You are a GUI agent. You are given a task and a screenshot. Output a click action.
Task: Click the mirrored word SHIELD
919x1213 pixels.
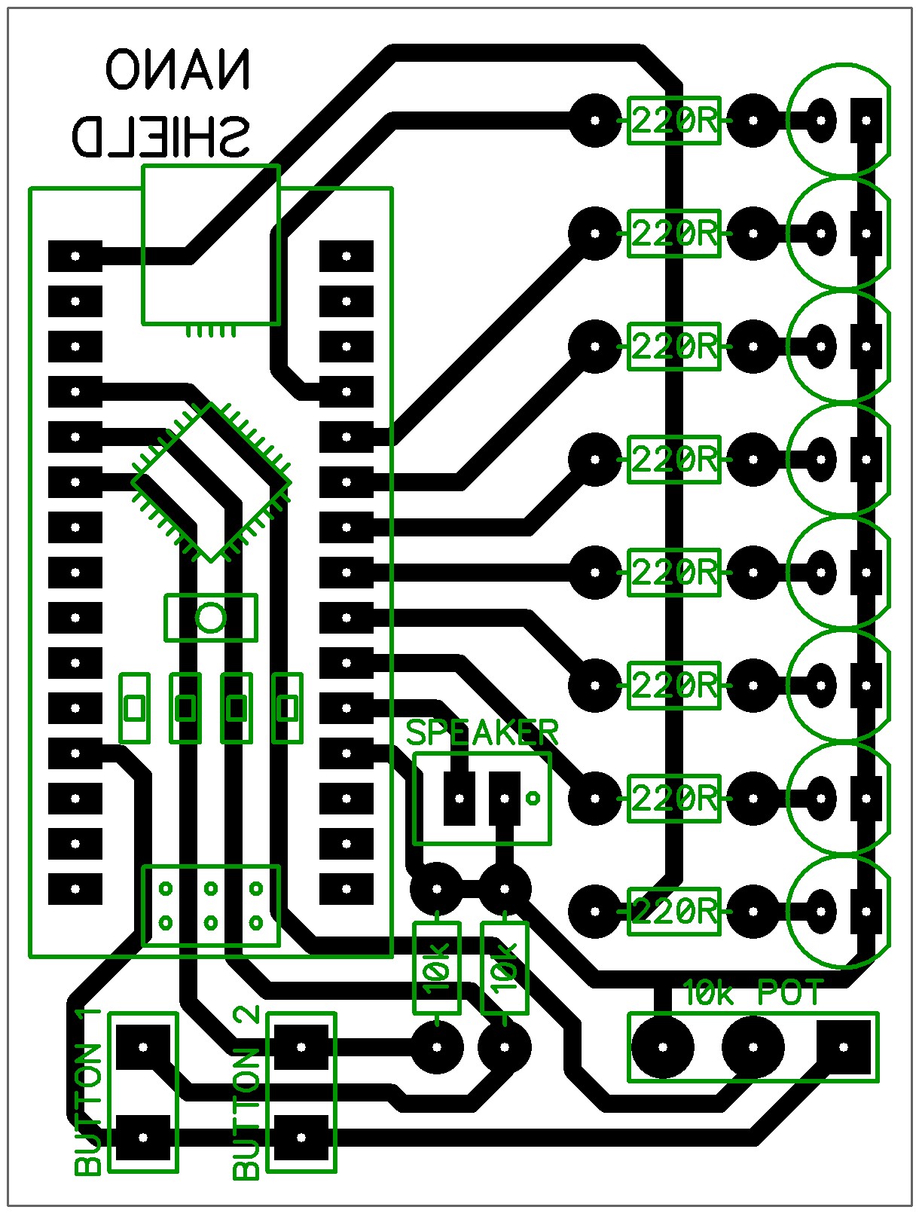pyautogui.click(x=160, y=136)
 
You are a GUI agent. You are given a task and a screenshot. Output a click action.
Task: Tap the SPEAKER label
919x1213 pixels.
pyautogui.click(x=482, y=732)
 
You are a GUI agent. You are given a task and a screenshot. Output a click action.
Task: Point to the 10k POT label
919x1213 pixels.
pyautogui.click(x=753, y=994)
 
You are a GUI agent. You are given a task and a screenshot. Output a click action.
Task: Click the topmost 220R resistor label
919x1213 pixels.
pyautogui.click(x=674, y=121)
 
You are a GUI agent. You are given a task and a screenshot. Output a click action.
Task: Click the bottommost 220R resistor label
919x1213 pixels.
pyautogui.click(x=674, y=912)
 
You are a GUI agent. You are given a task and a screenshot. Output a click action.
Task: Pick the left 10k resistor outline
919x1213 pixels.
pyautogui.click(x=437, y=967)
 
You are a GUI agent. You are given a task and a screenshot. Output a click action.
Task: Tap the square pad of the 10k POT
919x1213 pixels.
pyautogui.click(x=844, y=1046)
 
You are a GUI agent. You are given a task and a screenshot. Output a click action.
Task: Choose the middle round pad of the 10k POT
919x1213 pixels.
pyautogui.click(x=753, y=1046)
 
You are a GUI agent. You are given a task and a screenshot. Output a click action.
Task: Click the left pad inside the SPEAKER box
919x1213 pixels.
pyautogui.click(x=459, y=798)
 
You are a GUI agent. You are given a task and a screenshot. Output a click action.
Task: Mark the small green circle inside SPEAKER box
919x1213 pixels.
pyautogui.click(x=533, y=798)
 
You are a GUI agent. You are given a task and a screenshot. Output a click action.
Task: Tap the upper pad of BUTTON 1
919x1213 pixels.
pyautogui.click(x=142, y=1046)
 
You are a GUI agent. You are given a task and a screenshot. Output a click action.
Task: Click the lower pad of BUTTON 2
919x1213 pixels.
pyautogui.click(x=301, y=1138)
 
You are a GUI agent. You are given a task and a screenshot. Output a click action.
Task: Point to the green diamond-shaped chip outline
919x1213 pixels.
pyautogui.click(x=212, y=482)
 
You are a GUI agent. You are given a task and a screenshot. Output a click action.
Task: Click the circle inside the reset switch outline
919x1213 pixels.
pyautogui.click(x=211, y=618)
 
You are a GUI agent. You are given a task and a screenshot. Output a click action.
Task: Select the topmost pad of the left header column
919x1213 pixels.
pyautogui.click(x=75, y=256)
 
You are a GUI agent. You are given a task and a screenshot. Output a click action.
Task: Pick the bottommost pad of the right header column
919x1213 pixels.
pyautogui.click(x=347, y=889)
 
